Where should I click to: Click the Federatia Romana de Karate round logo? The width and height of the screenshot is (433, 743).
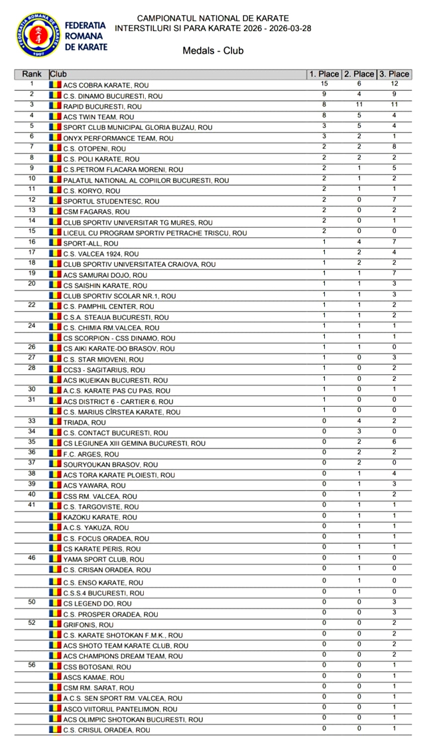point(38,34)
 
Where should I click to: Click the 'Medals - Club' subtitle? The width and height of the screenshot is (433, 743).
point(213,50)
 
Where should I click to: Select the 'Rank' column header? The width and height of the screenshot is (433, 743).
point(31,74)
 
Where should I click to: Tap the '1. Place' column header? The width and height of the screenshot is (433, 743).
point(324,74)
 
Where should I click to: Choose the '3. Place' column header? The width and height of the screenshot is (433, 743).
point(394,74)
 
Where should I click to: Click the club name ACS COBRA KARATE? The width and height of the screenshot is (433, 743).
point(105,85)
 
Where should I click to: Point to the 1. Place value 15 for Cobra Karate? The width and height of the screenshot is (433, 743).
point(324,84)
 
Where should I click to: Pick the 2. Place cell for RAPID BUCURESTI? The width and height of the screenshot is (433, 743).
point(359,105)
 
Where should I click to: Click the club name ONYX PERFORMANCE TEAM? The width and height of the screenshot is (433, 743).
point(118,138)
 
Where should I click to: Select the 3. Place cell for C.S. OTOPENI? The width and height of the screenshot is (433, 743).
point(394,147)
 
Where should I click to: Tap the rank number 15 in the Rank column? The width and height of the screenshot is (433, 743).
point(31,231)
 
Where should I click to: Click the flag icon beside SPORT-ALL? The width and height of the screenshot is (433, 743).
point(55,243)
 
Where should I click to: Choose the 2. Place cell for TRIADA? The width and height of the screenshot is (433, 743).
point(359,421)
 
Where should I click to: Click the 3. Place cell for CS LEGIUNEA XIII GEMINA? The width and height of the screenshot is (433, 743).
point(394,442)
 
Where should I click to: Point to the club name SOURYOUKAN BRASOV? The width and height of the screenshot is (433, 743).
point(110,464)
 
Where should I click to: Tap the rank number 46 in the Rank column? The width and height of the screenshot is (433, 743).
point(31,558)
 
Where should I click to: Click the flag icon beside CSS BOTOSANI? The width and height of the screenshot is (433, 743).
point(55,667)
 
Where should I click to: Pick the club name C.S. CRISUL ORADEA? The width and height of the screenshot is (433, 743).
point(106,730)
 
